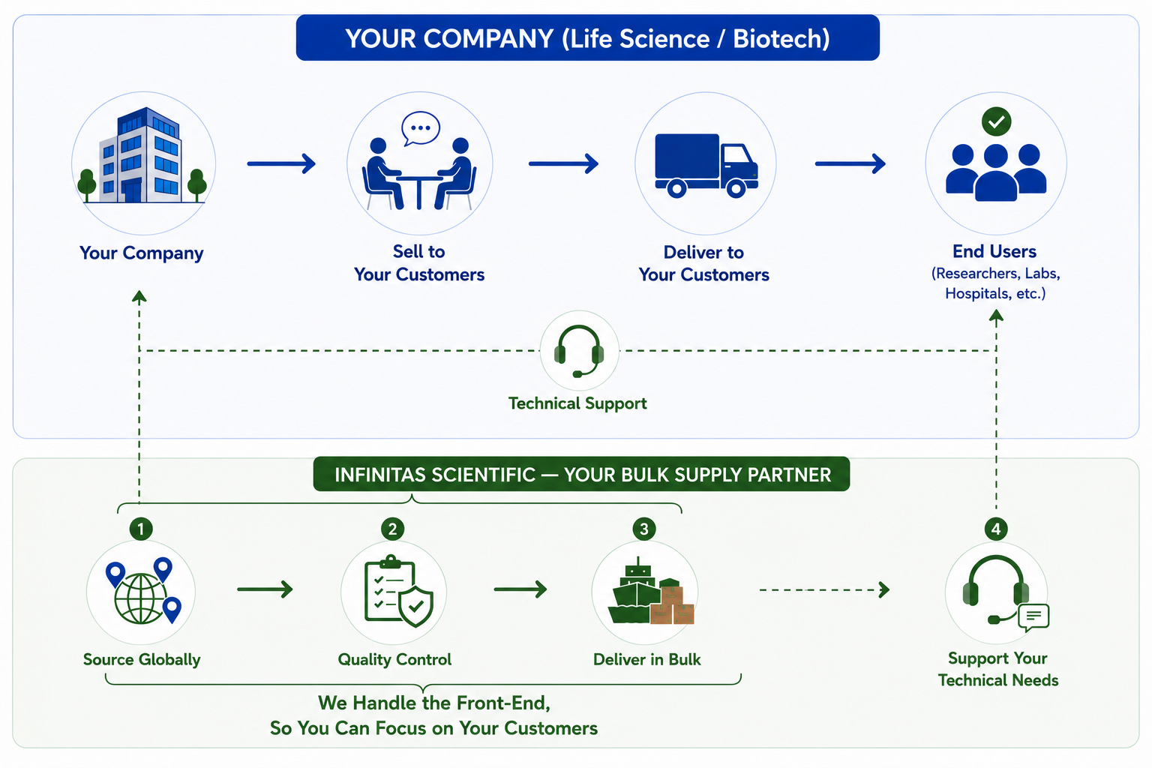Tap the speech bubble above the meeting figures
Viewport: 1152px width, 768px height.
click(x=421, y=128)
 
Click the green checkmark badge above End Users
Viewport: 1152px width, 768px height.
click(x=996, y=121)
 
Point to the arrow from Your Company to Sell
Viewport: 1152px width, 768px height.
click(x=281, y=163)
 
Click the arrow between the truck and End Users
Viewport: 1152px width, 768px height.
click(x=850, y=163)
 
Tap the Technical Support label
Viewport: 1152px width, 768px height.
click(x=577, y=403)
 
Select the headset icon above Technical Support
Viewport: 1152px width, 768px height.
click(x=579, y=351)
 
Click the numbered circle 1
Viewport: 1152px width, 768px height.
click(x=141, y=529)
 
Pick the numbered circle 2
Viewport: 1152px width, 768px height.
click(x=392, y=529)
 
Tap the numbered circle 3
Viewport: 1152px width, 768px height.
click(x=644, y=529)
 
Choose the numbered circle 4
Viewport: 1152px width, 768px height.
click(x=996, y=529)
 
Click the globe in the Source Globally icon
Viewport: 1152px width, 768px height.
click(x=140, y=598)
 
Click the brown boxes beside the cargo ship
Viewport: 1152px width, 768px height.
click(x=672, y=605)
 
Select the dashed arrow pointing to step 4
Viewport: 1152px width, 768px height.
click(x=824, y=589)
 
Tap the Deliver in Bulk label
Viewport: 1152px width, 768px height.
click(x=647, y=659)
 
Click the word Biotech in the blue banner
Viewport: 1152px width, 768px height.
click(x=781, y=39)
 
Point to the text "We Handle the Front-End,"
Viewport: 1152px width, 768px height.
click(x=434, y=703)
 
